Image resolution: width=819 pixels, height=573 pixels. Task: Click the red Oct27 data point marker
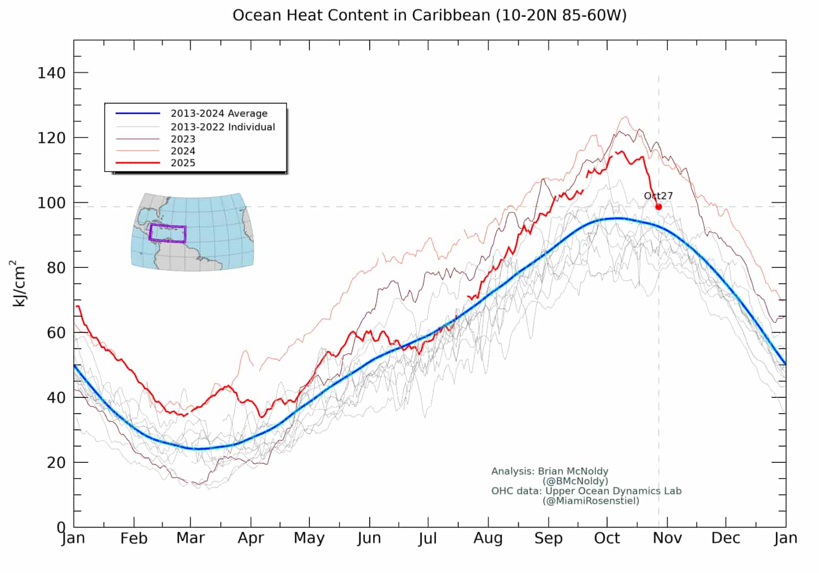[659, 207]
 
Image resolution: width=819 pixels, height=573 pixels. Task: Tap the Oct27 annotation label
[658, 196]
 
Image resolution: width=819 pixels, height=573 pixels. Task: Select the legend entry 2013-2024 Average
[219, 114]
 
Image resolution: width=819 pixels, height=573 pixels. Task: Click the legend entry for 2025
[183, 163]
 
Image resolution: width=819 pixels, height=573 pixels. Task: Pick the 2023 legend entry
[183, 139]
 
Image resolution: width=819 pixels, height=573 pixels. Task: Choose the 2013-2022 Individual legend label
[222, 127]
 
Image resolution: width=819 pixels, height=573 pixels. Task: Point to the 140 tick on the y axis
[51, 73]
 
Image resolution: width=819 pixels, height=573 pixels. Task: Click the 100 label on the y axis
[51, 203]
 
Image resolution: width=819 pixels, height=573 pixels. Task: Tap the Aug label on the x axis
[488, 538]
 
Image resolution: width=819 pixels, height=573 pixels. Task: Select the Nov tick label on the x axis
[667, 538]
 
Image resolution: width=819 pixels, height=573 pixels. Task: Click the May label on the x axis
[309, 538]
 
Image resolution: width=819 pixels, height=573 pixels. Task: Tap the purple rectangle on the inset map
[167, 233]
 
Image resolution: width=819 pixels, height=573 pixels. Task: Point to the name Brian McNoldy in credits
[573, 471]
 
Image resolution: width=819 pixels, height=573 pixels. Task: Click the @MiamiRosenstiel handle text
[591, 501]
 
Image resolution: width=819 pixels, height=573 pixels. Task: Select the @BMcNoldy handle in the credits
[575, 481]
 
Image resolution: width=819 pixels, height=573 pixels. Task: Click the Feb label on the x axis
[134, 538]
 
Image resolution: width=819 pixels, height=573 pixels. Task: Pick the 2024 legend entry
[183, 151]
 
